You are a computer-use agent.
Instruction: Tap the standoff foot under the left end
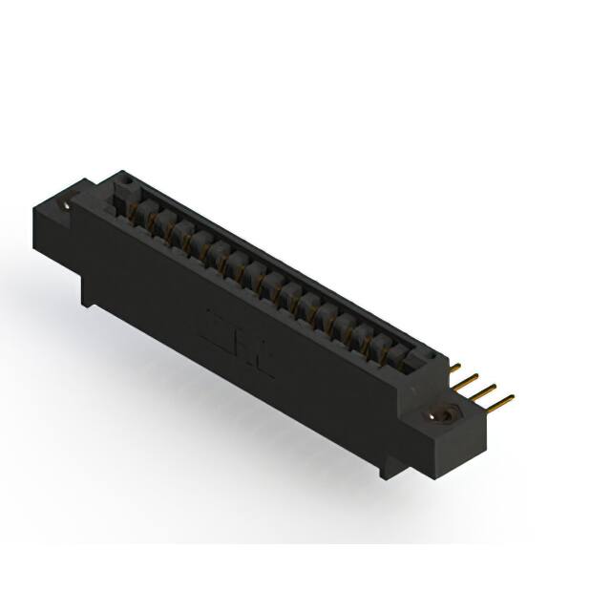coord(88,296)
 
